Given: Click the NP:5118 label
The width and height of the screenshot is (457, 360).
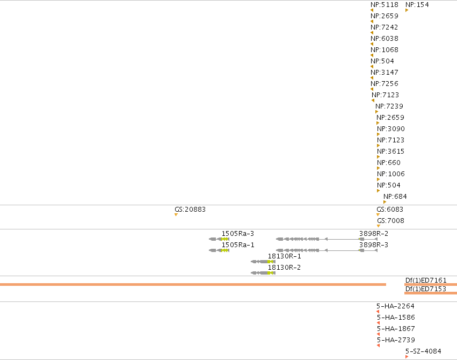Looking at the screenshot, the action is (x=385, y=5).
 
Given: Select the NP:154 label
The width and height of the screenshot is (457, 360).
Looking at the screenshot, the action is (x=417, y=5).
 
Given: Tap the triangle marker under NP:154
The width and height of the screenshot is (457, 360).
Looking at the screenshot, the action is (x=407, y=10).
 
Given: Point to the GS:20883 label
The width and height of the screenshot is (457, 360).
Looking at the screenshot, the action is (x=190, y=210).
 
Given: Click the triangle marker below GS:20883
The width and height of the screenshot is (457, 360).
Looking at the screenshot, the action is (x=176, y=215).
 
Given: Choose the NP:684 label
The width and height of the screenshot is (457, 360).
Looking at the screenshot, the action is (x=395, y=197).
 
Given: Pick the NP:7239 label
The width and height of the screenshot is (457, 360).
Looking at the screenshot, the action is (x=389, y=106).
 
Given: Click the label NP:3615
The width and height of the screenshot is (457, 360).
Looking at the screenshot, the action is (x=391, y=152).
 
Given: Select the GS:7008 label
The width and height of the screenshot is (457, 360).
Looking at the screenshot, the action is (x=390, y=221).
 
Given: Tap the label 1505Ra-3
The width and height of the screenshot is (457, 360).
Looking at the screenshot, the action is (x=238, y=234).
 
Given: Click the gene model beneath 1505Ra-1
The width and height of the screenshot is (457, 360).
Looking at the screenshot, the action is (x=219, y=250).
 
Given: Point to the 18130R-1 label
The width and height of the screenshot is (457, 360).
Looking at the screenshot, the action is (x=285, y=256).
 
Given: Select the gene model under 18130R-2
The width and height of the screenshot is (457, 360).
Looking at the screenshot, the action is (x=263, y=273).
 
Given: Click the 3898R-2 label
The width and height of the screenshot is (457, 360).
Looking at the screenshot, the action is (x=374, y=234).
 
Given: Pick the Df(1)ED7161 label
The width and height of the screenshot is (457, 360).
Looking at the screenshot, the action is (x=426, y=280).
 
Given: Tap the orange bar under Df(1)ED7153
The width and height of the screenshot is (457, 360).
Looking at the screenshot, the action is (x=431, y=293).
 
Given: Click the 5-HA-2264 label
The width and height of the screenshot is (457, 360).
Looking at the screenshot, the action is (x=395, y=306).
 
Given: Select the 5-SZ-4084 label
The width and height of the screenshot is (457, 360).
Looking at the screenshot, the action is (x=423, y=351).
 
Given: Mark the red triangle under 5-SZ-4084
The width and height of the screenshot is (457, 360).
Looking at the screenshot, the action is (x=407, y=357).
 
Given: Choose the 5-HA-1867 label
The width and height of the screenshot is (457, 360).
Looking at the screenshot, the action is (x=396, y=329).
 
